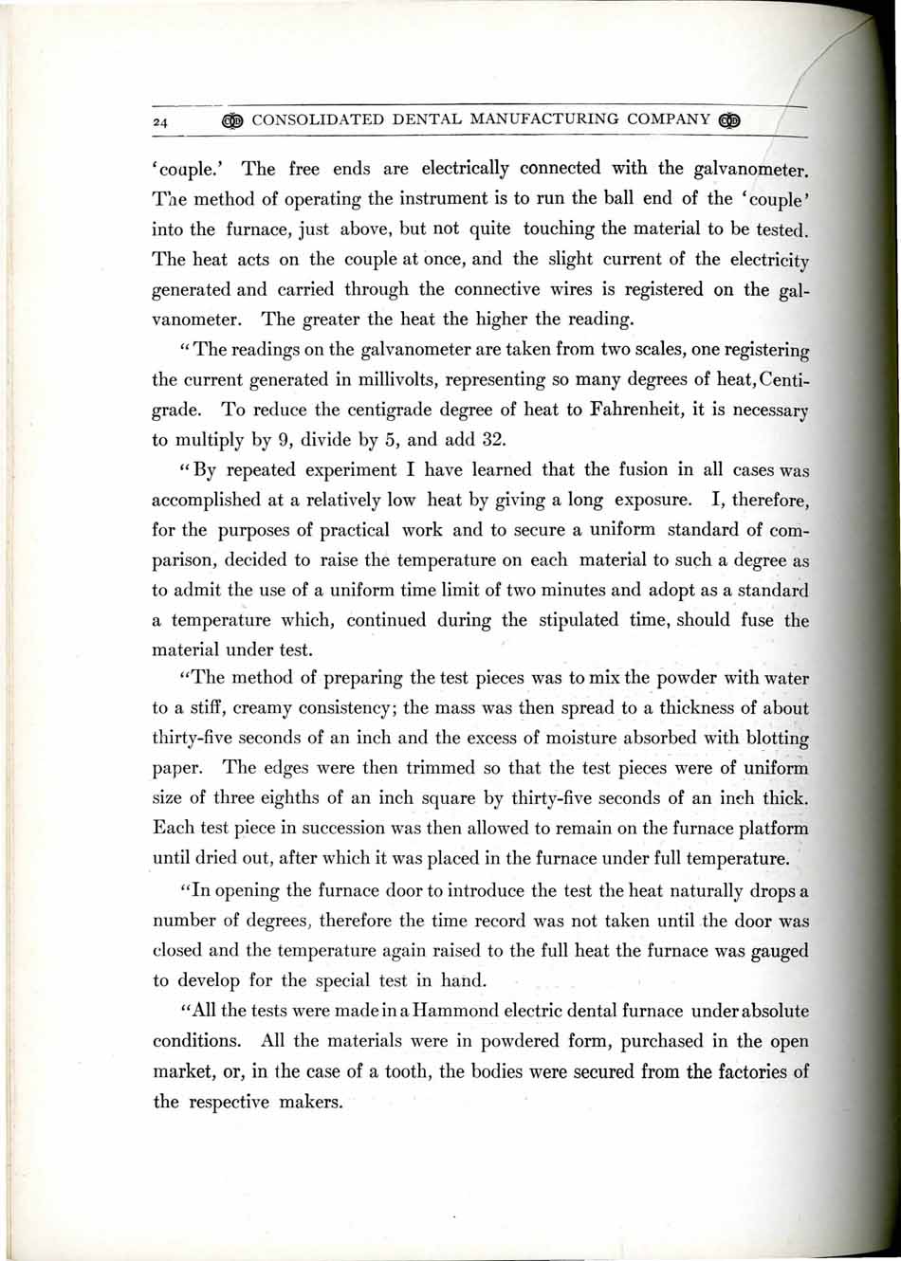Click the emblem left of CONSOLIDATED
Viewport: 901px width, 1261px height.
(x=231, y=120)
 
